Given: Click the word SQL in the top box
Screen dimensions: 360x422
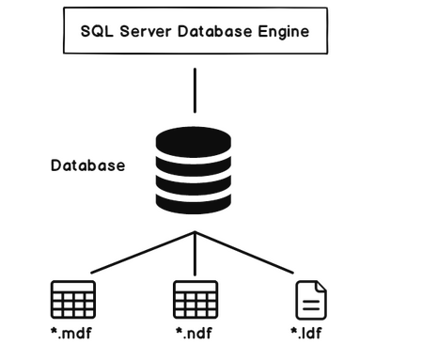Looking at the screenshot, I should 96,31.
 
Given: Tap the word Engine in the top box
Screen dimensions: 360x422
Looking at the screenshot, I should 285,31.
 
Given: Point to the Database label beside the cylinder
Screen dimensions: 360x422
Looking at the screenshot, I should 87,166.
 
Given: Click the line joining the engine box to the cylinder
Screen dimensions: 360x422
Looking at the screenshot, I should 195,93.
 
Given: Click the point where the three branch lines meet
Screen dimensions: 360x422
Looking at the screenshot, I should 195,231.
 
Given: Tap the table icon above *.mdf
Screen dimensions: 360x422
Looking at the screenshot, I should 71,300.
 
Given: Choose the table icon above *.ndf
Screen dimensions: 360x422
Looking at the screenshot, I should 195,300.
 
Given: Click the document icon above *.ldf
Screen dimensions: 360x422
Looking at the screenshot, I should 312,300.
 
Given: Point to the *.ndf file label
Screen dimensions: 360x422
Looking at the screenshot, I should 195,334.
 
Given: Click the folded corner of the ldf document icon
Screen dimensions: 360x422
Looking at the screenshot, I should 321,286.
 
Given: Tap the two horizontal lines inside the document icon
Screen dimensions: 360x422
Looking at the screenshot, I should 312,305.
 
